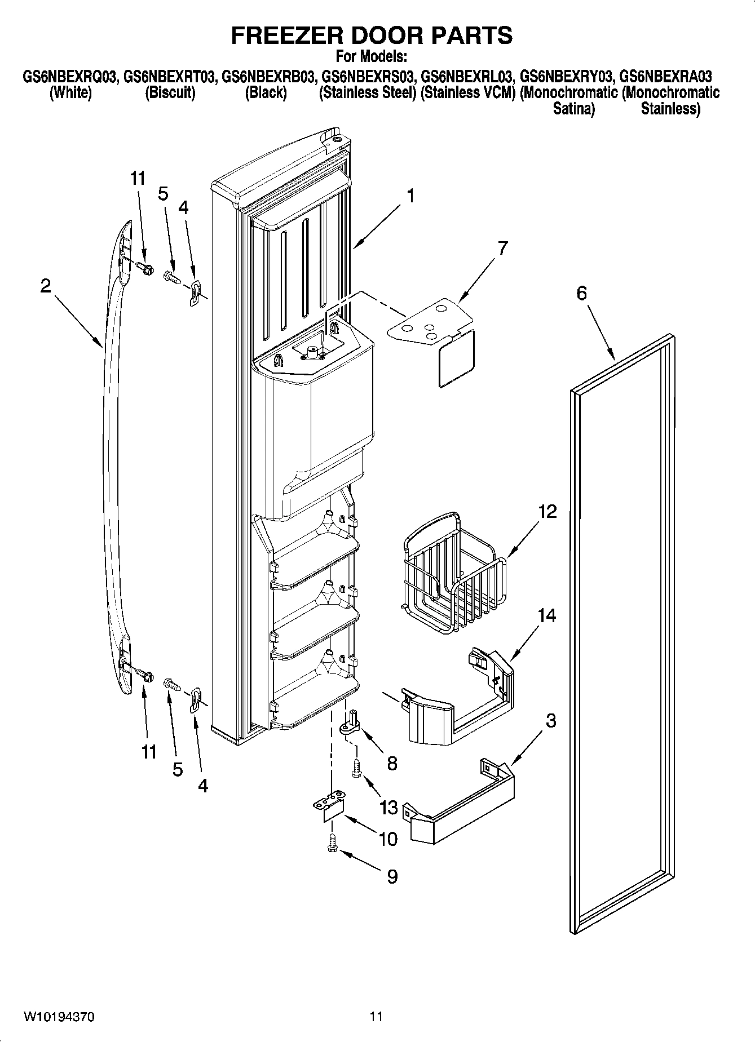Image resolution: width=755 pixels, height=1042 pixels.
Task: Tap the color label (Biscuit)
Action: [x=170, y=93]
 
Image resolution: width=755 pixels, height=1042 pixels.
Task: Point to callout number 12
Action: [x=546, y=512]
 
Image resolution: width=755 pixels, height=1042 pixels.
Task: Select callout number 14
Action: [x=546, y=616]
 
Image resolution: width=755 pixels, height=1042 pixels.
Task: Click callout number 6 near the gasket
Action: [x=581, y=293]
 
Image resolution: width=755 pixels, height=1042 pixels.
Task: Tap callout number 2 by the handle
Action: [x=45, y=286]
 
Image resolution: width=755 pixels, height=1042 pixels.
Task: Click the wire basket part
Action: [x=454, y=575]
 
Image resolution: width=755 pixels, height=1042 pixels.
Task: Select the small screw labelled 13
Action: [x=356, y=768]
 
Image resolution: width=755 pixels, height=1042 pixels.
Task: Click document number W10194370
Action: [x=59, y=1017]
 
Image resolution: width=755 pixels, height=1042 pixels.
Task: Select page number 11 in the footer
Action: [x=377, y=1017]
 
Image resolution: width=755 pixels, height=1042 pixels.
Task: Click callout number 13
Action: [x=388, y=808]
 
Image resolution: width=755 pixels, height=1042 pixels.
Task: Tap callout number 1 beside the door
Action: [x=410, y=196]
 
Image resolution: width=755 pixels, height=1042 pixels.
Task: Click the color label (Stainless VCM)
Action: [x=468, y=93]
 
